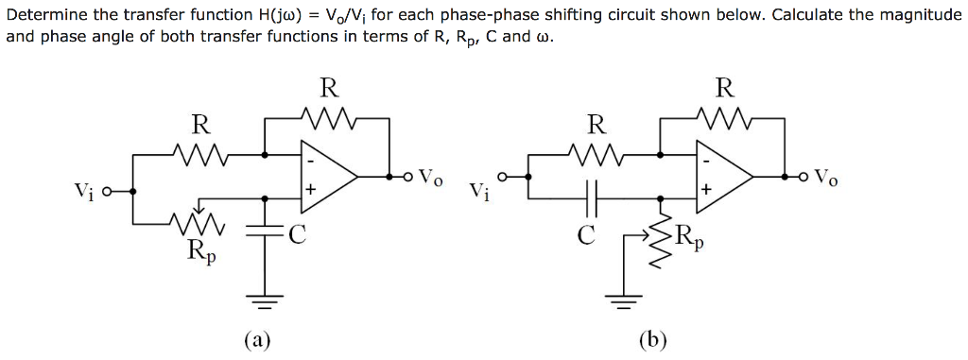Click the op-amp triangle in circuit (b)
tap(722, 176)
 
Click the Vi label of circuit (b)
tap(481, 192)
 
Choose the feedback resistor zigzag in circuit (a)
tap(327, 118)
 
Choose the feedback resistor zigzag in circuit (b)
tap(723, 118)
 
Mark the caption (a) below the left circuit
tap(255, 340)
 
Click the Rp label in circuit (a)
tap(200, 251)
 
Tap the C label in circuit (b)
tap(586, 235)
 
